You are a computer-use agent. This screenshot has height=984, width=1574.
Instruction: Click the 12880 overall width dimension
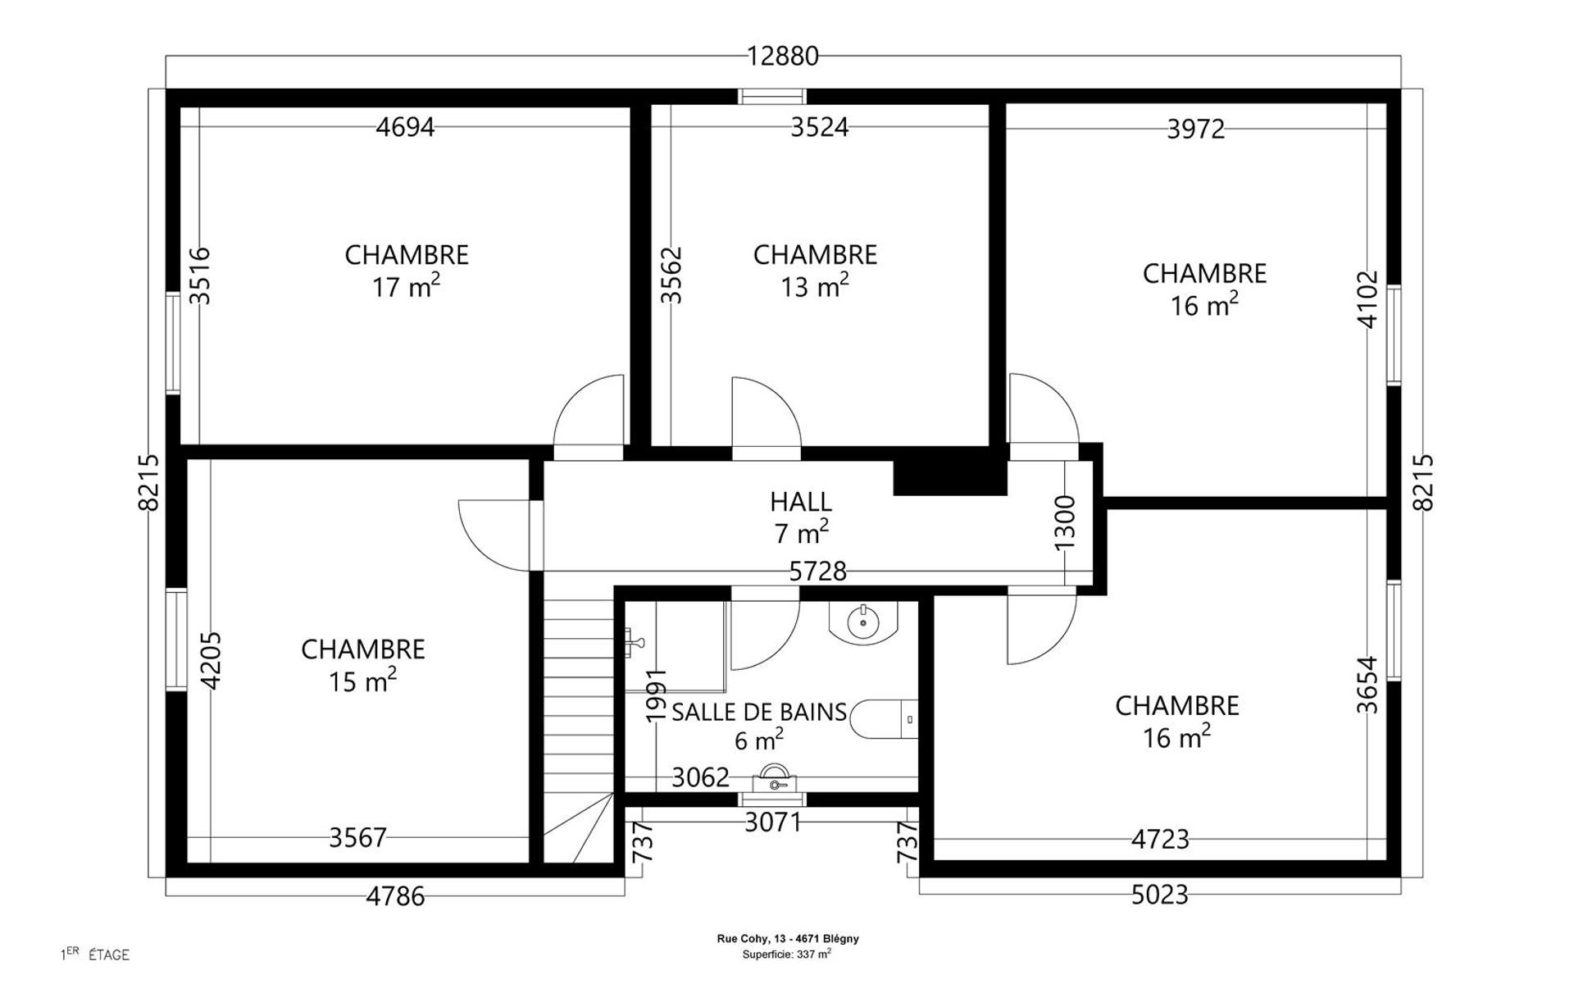(x=783, y=56)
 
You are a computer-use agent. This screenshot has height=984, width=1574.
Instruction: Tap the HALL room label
(x=801, y=501)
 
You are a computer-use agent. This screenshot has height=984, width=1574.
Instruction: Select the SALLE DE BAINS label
(x=759, y=712)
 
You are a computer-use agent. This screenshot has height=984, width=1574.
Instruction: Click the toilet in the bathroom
(x=884, y=719)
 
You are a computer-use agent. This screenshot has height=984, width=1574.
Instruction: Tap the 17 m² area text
(x=406, y=286)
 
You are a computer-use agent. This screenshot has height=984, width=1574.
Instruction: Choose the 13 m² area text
(x=814, y=286)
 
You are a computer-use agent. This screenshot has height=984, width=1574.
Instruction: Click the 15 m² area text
(x=362, y=681)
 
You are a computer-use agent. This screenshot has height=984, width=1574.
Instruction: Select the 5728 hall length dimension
(x=817, y=571)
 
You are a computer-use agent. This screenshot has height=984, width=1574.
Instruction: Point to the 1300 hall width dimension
(x=1064, y=523)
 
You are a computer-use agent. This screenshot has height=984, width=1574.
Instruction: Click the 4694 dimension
(x=405, y=127)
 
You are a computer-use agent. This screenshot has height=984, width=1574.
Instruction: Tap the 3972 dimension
(x=1196, y=129)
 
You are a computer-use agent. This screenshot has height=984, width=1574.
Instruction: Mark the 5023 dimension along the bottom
(x=1160, y=895)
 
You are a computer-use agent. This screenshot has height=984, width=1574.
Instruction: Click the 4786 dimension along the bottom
(x=395, y=896)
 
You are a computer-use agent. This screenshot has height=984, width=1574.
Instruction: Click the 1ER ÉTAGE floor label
(x=95, y=954)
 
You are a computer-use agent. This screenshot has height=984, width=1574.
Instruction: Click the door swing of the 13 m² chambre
(x=766, y=412)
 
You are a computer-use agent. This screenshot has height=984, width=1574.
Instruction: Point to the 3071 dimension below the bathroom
(x=772, y=822)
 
